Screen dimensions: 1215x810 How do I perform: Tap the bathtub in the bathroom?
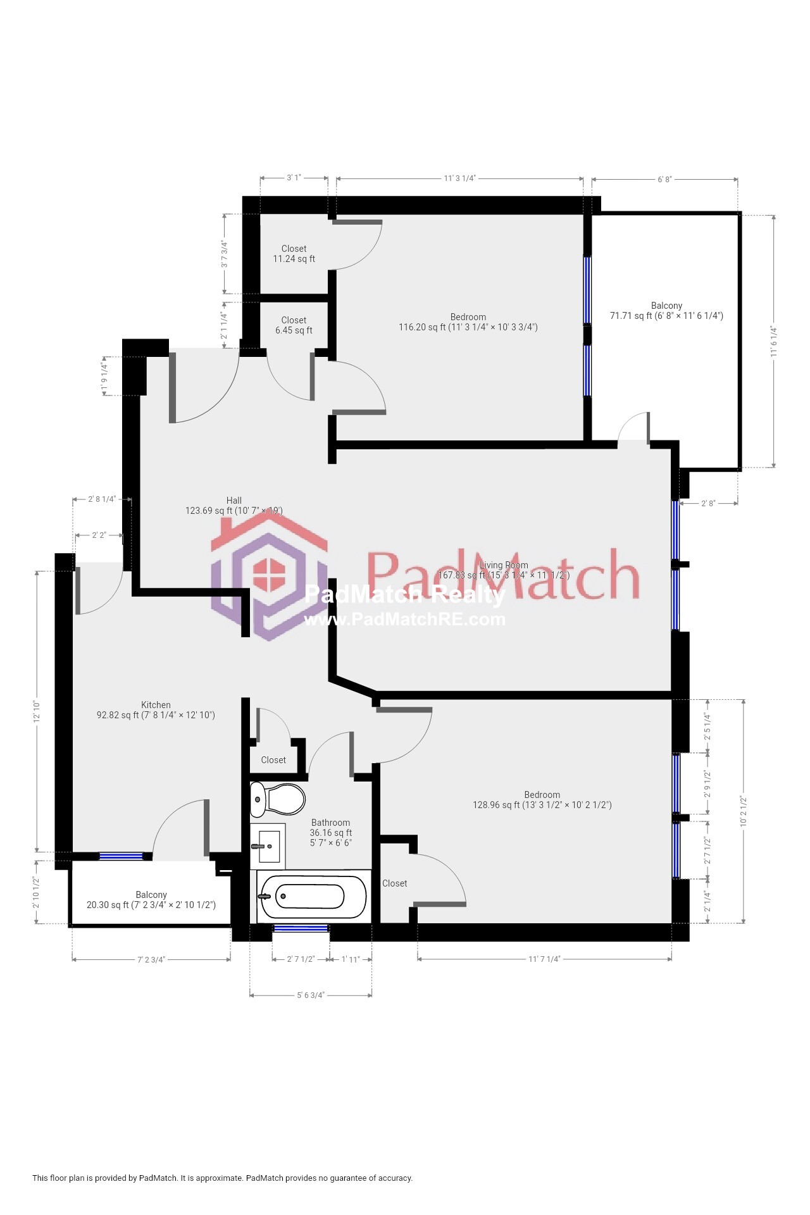313,896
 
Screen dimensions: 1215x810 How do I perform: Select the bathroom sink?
268,846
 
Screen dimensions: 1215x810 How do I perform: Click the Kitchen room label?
156,705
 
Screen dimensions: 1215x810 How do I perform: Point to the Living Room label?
504,565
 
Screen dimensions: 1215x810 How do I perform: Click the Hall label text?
234,501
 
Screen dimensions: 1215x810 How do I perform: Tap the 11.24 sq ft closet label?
294,254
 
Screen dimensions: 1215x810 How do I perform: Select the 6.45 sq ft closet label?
294,325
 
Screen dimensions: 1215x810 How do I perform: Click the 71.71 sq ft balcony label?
666,311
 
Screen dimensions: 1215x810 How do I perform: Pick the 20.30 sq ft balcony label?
151,900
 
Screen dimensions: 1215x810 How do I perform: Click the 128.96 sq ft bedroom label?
542,800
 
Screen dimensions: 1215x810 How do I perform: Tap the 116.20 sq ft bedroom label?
468,322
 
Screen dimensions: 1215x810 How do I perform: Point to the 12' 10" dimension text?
37,712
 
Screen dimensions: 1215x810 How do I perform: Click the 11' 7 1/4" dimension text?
544,959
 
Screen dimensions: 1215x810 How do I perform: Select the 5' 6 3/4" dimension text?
311,995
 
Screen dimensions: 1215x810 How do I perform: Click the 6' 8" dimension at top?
664,180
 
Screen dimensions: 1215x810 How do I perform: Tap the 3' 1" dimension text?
294,178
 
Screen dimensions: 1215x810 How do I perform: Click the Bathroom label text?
330,823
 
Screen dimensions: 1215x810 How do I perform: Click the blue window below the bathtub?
301,928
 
